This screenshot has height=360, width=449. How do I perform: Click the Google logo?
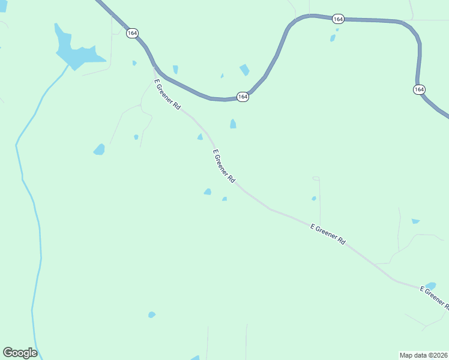point(20,353)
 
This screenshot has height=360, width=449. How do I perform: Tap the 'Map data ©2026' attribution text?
point(423,355)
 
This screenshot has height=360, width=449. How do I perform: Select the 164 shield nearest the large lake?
point(132,33)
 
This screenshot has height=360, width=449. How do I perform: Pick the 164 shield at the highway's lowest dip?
point(243,97)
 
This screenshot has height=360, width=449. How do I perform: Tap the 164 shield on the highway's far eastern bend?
point(419,89)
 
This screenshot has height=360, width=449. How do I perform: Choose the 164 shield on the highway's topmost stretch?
point(338,19)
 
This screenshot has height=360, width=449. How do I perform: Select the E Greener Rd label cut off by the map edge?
point(434,298)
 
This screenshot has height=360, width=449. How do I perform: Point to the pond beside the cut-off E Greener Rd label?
point(430,286)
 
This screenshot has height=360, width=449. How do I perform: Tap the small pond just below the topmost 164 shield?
point(333,38)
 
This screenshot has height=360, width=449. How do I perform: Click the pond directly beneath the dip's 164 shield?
point(233,124)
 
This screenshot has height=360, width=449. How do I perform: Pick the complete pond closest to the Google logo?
point(152,314)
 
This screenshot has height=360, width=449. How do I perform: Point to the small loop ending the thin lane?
point(316,178)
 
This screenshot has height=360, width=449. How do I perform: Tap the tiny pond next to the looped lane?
point(314,199)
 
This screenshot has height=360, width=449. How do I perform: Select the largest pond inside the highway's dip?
point(244,70)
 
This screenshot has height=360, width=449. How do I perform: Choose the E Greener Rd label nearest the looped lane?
point(328,234)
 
